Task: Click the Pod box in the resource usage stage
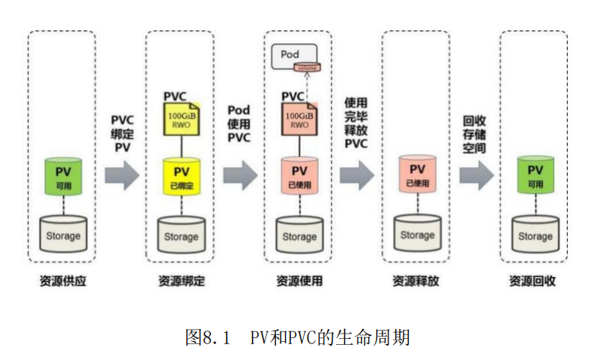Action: [293, 55]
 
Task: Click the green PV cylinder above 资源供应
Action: [63, 175]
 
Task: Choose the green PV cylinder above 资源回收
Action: [535, 175]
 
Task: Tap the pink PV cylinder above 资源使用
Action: [299, 177]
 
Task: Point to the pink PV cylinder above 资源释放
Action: [417, 175]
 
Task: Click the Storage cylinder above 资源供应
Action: [63, 234]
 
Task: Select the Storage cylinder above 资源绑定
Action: [181, 235]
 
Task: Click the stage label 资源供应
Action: [63, 281]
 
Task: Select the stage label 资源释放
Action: [417, 281]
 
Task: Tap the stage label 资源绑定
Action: [181, 281]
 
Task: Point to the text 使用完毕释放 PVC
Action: [357, 123]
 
